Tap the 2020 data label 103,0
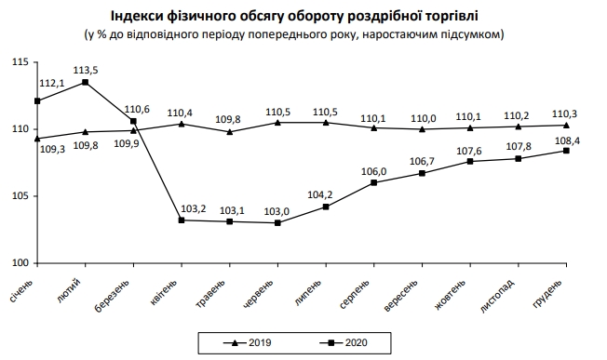(x=278, y=212)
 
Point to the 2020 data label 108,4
(x=567, y=140)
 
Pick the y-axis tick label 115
(x=18, y=61)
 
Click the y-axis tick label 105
(x=18, y=196)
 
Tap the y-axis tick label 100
(x=18, y=263)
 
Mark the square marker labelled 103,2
(x=182, y=220)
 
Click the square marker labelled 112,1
(x=36, y=100)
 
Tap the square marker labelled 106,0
(x=374, y=182)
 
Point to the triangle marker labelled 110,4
(x=182, y=124)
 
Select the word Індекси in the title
(x=139, y=16)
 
